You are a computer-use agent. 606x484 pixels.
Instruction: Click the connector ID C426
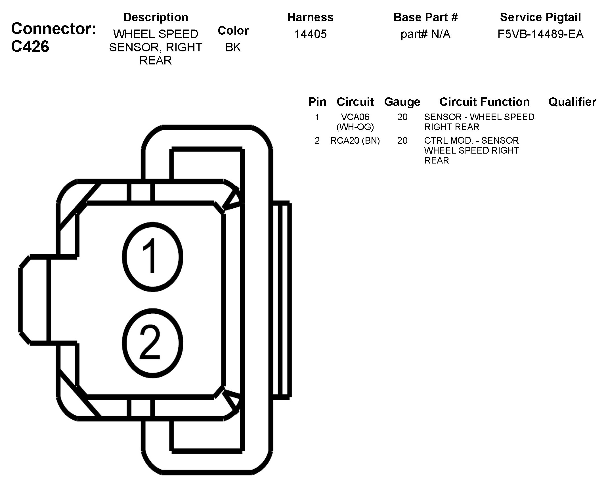pos(30,47)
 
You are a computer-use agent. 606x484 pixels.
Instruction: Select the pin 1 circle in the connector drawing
pos(152,257)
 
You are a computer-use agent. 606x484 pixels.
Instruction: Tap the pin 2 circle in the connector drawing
pos(152,343)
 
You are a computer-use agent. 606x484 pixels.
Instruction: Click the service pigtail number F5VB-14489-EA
pos(540,34)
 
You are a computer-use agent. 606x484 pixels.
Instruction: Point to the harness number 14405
pos(310,34)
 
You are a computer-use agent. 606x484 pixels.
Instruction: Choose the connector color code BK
pos(233,47)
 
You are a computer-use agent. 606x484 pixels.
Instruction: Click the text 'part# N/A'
pos(425,34)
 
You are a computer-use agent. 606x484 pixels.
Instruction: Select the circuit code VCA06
pos(355,117)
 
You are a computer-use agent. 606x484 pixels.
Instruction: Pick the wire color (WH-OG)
pos(355,127)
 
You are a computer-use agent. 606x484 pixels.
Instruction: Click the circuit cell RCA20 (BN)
pos(355,141)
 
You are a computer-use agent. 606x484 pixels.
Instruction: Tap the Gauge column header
pos(402,102)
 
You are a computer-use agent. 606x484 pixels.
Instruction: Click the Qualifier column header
pos(572,102)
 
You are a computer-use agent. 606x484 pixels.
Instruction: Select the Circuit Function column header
pos(484,102)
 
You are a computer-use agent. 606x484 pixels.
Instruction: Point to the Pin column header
pos(317,102)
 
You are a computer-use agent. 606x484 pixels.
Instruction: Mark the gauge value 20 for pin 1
pos(402,117)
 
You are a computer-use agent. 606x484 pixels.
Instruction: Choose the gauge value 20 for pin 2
pos(402,141)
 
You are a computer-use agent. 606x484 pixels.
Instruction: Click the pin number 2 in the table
pos(317,141)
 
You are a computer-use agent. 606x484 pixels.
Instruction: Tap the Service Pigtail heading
pos(540,17)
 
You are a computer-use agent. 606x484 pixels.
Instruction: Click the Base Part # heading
pos(425,17)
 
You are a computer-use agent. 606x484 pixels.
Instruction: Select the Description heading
pos(156,17)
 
